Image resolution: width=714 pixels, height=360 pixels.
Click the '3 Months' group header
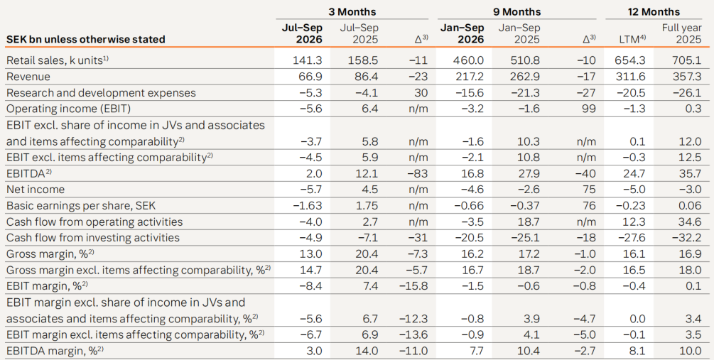click(352, 12)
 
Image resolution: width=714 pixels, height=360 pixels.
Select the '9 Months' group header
click(516, 12)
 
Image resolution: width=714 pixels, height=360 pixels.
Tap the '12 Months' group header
click(654, 12)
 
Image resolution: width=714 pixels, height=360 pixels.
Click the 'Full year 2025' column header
click(681, 33)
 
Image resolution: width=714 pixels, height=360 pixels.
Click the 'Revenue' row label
click(28, 77)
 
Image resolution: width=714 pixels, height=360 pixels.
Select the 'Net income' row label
click(36, 190)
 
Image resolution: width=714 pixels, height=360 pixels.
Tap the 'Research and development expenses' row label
click(101, 93)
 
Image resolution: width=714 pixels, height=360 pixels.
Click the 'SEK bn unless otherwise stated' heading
click(85, 39)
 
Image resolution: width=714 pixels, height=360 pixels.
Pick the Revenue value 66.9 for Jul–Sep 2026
click(310, 77)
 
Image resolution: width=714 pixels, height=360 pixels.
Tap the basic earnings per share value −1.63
click(308, 206)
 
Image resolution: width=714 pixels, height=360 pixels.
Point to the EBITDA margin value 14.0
click(367, 351)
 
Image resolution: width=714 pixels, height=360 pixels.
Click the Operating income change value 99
click(589, 109)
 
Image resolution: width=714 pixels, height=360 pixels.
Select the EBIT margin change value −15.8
click(413, 286)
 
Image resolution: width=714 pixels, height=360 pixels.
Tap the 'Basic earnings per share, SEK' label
click(81, 206)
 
